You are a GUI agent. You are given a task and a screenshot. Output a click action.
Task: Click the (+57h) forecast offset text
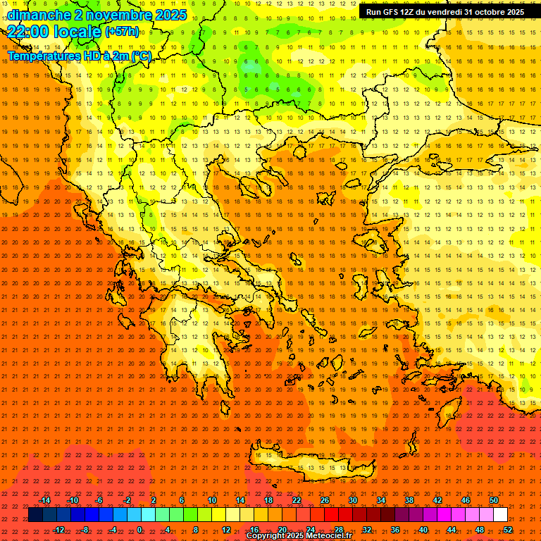pyautogui.click(x=122, y=32)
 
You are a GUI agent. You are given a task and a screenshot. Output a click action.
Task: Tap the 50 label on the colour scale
pyautogui.click(x=494, y=500)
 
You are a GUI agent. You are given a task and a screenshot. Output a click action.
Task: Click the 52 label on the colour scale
pyautogui.click(x=508, y=530)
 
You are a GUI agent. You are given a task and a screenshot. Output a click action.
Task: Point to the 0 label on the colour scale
pyautogui.click(x=139, y=530)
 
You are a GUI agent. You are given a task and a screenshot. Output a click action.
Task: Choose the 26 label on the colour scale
pyautogui.click(x=325, y=500)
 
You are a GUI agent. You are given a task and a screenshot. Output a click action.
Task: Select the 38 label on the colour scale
pyautogui.click(x=409, y=500)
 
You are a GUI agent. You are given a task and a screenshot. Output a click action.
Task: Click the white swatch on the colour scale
pyautogui.click(x=501, y=515)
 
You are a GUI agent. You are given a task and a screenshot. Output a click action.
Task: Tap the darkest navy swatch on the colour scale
pyautogui.click(x=35, y=515)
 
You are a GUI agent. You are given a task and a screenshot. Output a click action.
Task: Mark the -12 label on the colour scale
pyautogui.click(x=59, y=530)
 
